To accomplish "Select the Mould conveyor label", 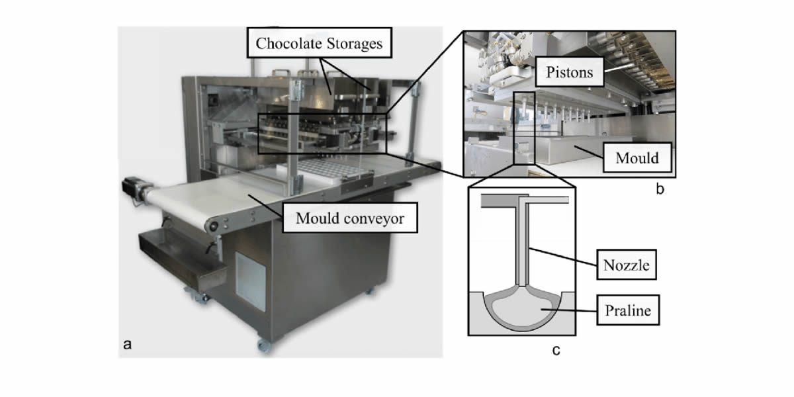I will [x=350, y=218].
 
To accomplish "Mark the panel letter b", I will [x=660, y=191].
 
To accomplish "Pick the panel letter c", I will [x=556, y=350].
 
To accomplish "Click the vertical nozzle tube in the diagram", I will [x=522, y=245].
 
